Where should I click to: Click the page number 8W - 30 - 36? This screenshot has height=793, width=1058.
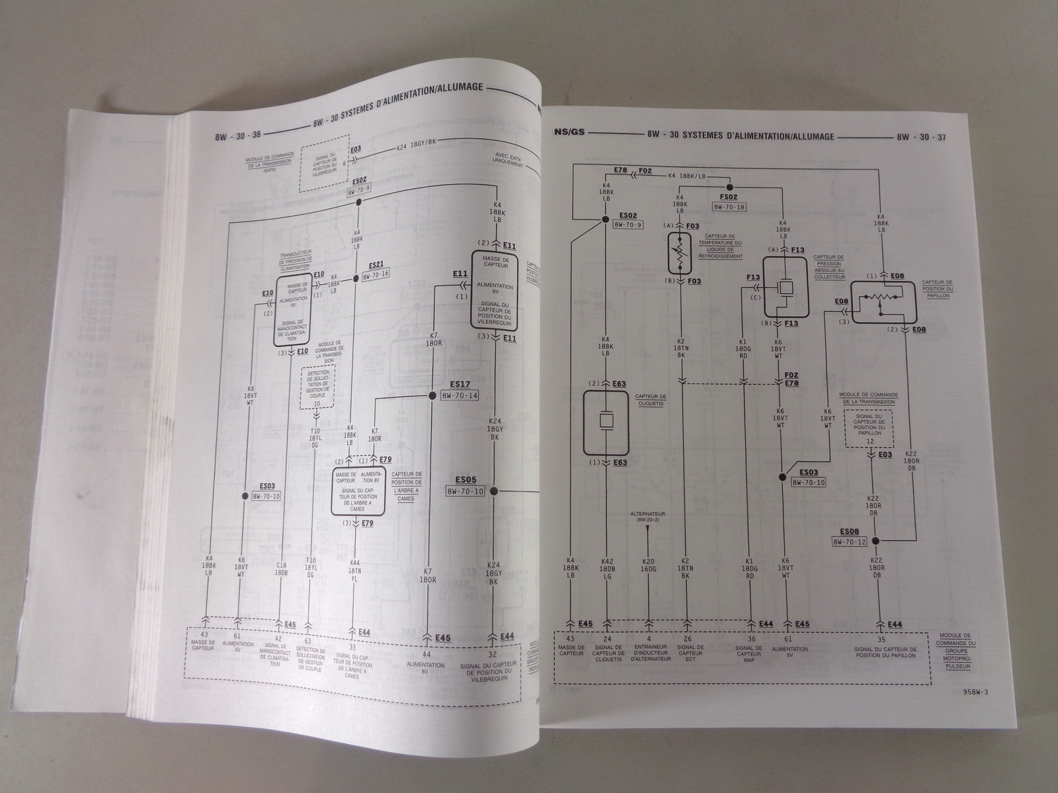tap(238, 135)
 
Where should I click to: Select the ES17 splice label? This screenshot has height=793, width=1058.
tap(460, 383)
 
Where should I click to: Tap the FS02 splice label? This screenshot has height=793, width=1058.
tap(728, 198)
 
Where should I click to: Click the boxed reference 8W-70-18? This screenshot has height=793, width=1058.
tap(729, 207)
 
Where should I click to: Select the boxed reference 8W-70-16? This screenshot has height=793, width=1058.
tap(376, 273)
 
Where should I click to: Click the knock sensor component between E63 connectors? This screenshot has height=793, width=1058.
tap(606, 422)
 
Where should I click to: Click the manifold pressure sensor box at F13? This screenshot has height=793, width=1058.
tap(785, 287)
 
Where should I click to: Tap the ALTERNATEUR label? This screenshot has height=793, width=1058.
tap(648, 513)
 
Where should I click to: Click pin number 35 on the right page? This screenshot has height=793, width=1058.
tap(880, 639)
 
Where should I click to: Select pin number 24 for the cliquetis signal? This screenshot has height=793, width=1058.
tap(606, 639)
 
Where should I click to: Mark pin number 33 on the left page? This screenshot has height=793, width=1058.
tap(352, 647)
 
